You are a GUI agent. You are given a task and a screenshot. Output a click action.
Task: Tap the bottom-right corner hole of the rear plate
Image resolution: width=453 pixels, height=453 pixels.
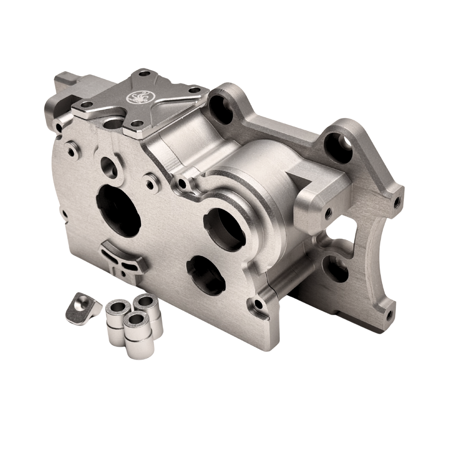(x=389, y=313)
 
